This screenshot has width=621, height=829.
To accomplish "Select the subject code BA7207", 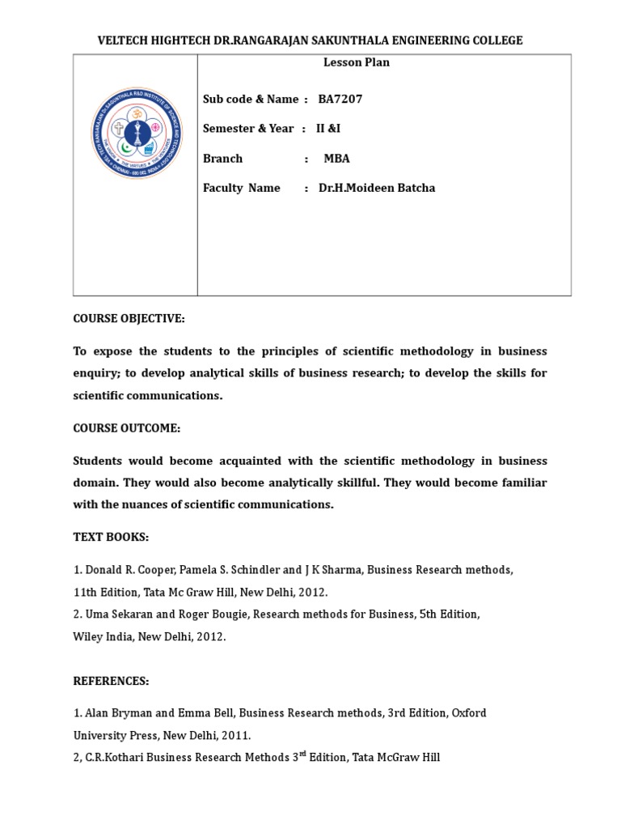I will pyautogui.click(x=340, y=99).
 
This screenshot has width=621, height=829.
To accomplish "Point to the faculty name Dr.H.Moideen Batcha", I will pyautogui.click(x=377, y=188).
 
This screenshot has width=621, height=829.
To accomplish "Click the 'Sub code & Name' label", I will pyautogui.click(x=251, y=99).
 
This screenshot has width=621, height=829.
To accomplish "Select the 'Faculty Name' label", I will pyautogui.click(x=242, y=188).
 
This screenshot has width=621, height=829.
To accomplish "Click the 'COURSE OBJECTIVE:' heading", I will pyautogui.click(x=129, y=318).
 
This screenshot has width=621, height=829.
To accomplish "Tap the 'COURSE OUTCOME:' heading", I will pyautogui.click(x=127, y=427).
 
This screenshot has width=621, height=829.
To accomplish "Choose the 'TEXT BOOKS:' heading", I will pyautogui.click(x=112, y=538).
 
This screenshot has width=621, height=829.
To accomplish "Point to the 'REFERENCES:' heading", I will pyautogui.click(x=112, y=681).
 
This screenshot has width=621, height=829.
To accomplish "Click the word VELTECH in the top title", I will pyautogui.click(x=124, y=40).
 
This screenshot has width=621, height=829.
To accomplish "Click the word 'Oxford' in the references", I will pyautogui.click(x=469, y=713).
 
